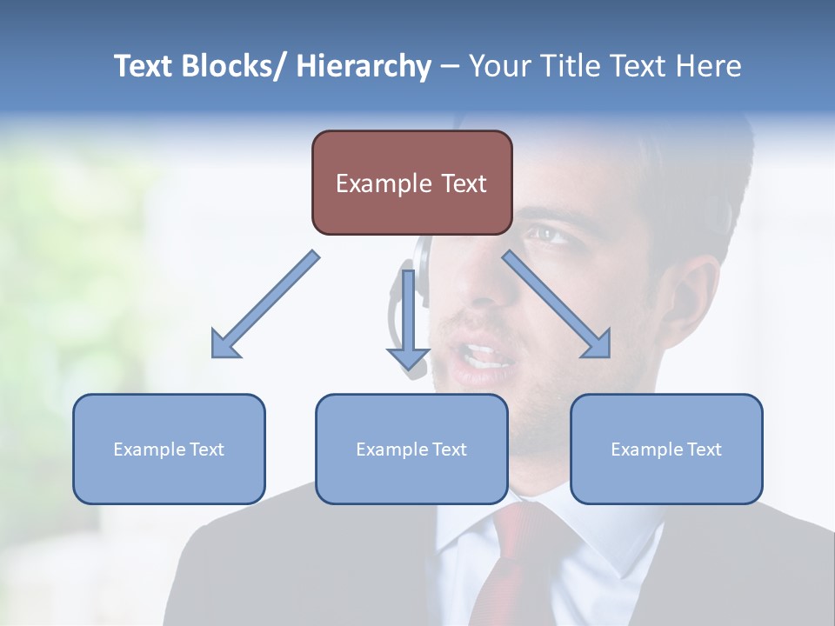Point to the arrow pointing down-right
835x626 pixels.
point(557,304)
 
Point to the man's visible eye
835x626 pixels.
point(546,233)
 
